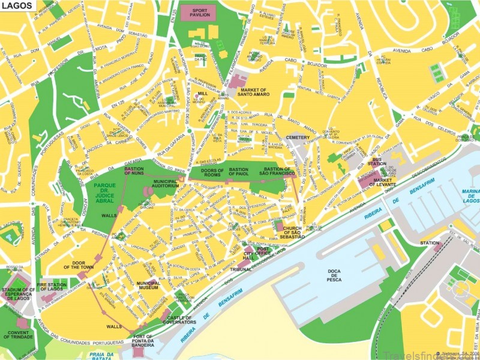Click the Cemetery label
298,137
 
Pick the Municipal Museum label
148,286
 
